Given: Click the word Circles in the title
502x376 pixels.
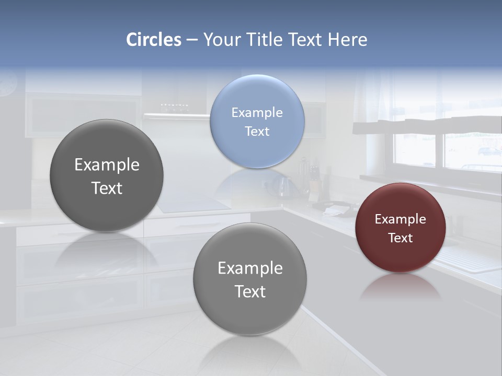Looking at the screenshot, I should click(x=153, y=40).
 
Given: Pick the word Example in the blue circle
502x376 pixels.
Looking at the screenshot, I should click(x=257, y=112).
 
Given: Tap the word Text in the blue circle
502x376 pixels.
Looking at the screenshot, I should click(x=257, y=131).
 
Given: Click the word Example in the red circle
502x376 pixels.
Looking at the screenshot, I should click(x=400, y=219).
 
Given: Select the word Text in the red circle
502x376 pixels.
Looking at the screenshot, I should click(x=400, y=238).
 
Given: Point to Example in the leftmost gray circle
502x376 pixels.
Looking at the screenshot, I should click(x=107, y=165).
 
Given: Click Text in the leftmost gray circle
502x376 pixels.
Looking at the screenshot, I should click(x=107, y=188).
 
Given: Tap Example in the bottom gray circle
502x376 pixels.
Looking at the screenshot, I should click(x=250, y=268).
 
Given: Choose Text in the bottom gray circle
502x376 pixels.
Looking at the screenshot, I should click(x=250, y=291).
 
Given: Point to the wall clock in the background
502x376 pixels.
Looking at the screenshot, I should click(x=7, y=84).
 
